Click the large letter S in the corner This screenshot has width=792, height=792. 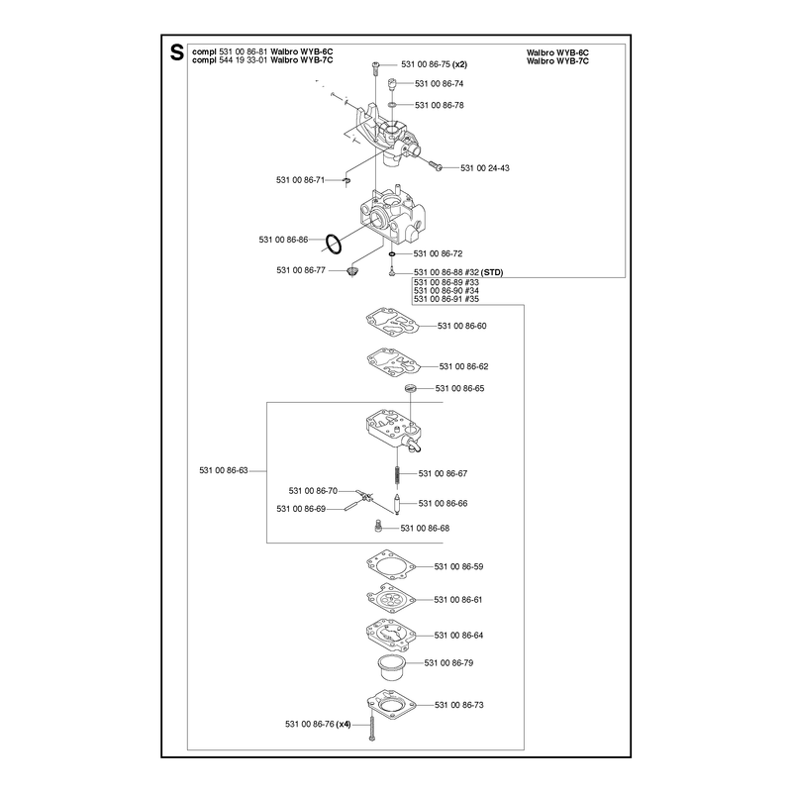[x=177, y=52]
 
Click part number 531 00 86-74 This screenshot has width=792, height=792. [x=439, y=84]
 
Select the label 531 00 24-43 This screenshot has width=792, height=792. [x=485, y=168]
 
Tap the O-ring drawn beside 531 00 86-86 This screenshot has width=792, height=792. [x=333, y=244]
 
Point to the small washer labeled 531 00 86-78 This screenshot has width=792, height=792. [x=392, y=105]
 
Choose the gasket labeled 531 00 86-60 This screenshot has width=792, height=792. [x=392, y=321]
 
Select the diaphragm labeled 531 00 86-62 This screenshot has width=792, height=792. [x=392, y=361]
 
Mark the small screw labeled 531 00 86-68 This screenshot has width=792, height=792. [x=377, y=527]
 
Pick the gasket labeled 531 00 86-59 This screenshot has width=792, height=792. [x=391, y=565]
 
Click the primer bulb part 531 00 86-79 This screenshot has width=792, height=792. [x=391, y=667]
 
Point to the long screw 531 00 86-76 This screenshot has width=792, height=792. [x=372, y=724]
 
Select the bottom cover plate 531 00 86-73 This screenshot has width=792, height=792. [x=391, y=704]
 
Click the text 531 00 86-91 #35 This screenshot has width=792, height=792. [x=446, y=299]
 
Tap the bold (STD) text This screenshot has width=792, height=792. [x=492, y=273]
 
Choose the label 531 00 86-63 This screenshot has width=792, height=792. [x=224, y=471]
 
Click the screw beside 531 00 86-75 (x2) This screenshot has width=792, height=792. [x=375, y=67]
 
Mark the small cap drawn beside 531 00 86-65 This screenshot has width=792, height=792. [x=411, y=388]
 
